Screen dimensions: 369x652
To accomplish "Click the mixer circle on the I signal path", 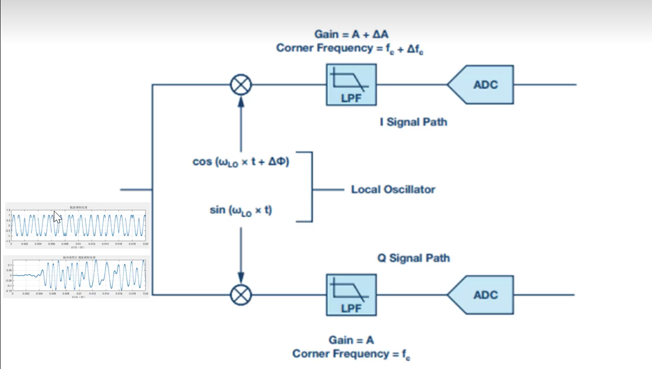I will click(241, 85).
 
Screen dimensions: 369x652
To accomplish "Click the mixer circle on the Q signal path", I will click(241, 295).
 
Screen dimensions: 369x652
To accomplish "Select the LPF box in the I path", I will click(351, 85).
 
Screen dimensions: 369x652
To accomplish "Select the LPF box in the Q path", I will click(351, 295).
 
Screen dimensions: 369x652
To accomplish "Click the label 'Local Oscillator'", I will click(393, 190).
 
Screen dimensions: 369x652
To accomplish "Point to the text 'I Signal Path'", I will click(413, 122).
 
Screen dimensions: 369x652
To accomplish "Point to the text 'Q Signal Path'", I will click(413, 258).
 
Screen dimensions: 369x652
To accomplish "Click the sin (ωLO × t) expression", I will click(241, 210).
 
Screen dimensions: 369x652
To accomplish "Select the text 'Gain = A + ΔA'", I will click(351, 34).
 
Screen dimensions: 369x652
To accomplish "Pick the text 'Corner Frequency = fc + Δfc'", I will click(350, 48).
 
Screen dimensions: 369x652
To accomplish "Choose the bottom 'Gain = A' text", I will click(351, 340).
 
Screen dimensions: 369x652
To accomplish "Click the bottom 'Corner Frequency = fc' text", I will click(351, 354).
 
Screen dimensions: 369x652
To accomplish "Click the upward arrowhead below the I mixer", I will click(241, 99).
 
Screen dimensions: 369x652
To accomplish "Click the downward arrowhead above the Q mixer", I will click(241, 280).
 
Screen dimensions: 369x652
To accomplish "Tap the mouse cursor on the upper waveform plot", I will click(57, 217).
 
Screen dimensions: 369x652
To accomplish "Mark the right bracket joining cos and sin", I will click(311, 186).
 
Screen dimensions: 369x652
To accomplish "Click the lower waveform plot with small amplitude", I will click(77, 276).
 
